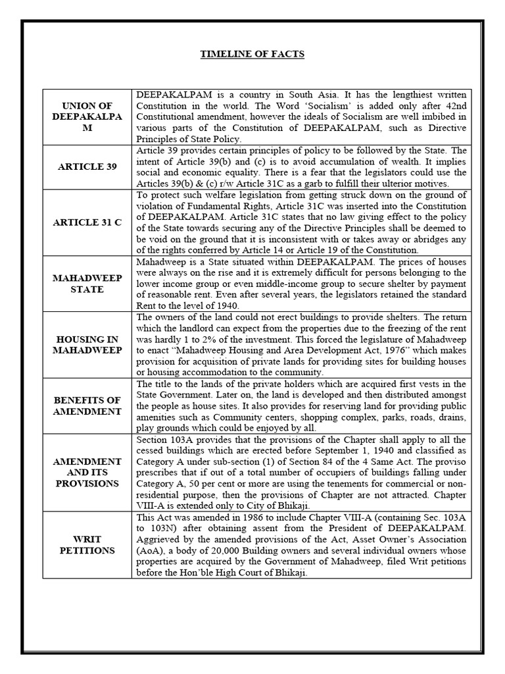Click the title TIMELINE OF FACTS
pyautogui.click(x=252, y=54)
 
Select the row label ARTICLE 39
pyautogui.click(x=88, y=167)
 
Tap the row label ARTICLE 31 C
pyautogui.click(x=88, y=222)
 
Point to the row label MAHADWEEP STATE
pyautogui.click(x=88, y=283)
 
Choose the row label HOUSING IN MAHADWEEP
pyautogui.click(x=88, y=344)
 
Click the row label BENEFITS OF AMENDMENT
pyautogui.click(x=88, y=405)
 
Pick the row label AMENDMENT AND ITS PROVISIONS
pyautogui.click(x=88, y=473)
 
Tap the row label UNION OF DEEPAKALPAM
pyautogui.click(x=88, y=117)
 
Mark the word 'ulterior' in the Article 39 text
pyautogui.click(x=389, y=184)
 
